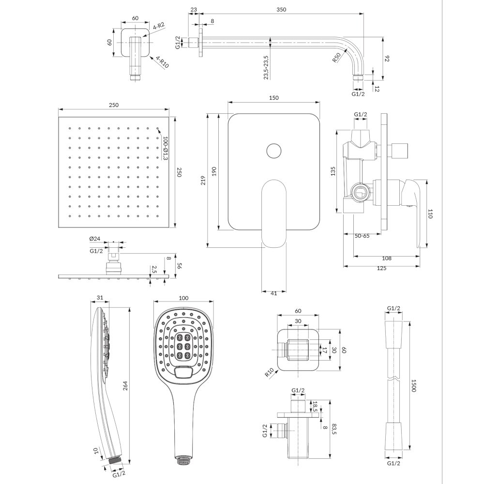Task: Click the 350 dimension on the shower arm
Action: click(281, 10)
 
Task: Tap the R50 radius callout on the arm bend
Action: click(337, 58)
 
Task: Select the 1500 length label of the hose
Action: click(414, 386)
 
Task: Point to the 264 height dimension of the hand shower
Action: click(125, 386)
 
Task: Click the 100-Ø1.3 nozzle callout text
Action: click(165, 148)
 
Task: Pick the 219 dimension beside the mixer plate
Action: click(203, 180)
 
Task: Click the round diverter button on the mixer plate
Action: click(273, 151)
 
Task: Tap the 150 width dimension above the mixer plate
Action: click(274, 98)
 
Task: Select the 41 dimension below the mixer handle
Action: click(274, 293)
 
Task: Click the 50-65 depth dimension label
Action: click(362, 236)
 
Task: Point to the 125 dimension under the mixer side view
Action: click(381, 268)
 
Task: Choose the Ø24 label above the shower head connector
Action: click(95, 239)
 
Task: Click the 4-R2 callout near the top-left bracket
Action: click(159, 26)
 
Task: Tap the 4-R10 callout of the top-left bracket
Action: click(162, 62)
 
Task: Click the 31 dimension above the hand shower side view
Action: click(100, 298)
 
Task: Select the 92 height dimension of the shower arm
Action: click(388, 59)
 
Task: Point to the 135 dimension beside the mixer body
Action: click(333, 171)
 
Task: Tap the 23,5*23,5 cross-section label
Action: click(266, 68)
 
